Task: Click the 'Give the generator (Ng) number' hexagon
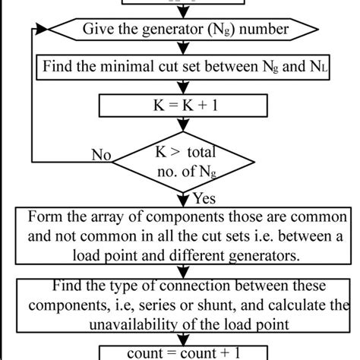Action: coord(179,30)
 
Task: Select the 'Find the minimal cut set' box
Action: coord(179,66)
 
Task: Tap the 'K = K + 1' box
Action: coord(179,103)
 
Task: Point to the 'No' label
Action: coord(100,155)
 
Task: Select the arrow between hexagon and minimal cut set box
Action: coord(179,48)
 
